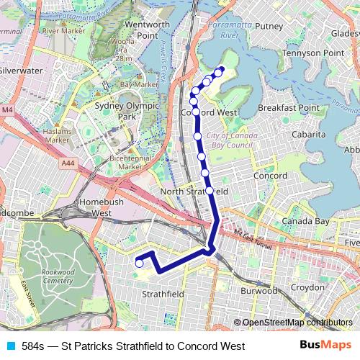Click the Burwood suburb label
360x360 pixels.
258,291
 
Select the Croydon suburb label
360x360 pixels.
307,287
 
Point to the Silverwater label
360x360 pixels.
22,71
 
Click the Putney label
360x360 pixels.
269,26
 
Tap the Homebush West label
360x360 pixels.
96,207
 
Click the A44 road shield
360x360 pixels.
68,164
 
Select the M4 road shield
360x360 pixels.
7,109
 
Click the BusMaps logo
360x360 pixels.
326,346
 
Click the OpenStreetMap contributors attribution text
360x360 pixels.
297,323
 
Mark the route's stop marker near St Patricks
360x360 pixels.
140,264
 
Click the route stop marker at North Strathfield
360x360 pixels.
210,191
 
